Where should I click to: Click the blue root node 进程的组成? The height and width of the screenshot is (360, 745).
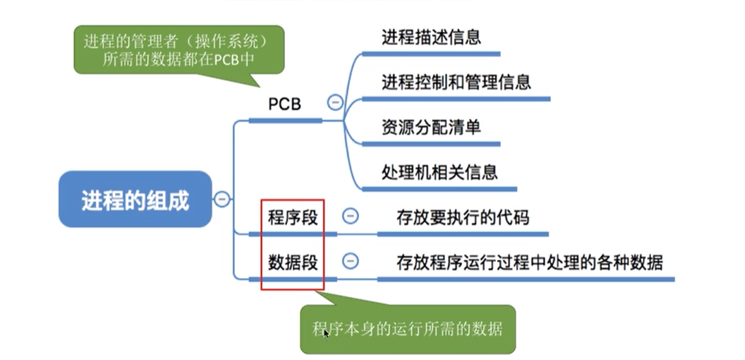coord(135,200)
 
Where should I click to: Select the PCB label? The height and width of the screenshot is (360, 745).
coord(284,104)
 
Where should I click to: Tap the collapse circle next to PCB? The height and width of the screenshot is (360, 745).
coord(335,103)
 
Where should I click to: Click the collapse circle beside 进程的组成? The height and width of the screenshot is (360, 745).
coord(222,199)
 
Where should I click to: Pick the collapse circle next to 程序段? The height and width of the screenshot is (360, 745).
coord(349,216)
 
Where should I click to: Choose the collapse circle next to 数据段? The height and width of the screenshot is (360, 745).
coord(349,261)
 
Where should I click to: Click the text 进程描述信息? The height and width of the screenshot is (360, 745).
coord(431,37)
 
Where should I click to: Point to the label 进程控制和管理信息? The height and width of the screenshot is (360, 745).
coord(456,82)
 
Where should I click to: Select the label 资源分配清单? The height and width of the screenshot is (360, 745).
coord(431,127)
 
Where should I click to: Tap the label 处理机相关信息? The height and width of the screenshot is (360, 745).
coord(439,171)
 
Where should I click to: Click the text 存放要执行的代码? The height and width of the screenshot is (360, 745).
coord(463,218)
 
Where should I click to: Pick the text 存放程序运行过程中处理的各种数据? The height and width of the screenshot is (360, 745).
coord(529,262)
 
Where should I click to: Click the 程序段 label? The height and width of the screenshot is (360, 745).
coord(293,218)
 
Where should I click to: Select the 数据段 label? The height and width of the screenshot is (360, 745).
coord(293,262)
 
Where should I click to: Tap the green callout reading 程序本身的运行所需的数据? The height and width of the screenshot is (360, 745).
coord(407,329)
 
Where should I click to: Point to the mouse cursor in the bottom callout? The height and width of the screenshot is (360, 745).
coord(327,333)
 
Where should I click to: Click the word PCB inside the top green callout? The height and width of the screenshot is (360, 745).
coord(224,60)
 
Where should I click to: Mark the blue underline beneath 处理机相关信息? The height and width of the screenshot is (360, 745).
coord(439,188)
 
